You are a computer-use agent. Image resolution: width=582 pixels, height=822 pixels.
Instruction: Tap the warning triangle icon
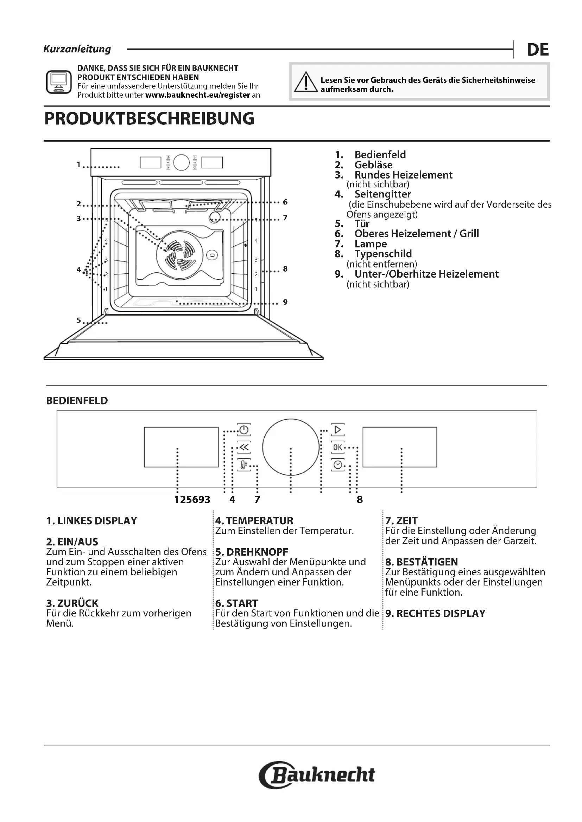click(x=306, y=82)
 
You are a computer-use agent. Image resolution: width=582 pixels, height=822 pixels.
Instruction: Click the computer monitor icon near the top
click(x=59, y=82)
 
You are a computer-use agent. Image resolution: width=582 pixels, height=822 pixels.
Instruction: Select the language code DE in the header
click(x=538, y=50)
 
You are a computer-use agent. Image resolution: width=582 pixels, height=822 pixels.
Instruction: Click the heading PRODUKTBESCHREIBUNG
click(x=150, y=119)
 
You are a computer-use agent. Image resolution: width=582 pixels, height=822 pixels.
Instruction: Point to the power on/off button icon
click(x=244, y=429)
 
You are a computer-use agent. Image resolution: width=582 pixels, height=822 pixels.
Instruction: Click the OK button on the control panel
click(x=337, y=447)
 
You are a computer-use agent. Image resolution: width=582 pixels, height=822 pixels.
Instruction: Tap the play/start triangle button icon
click(x=337, y=429)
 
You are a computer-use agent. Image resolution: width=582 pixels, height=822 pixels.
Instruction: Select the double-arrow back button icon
click(x=244, y=447)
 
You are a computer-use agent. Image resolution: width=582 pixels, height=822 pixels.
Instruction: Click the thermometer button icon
click(x=244, y=465)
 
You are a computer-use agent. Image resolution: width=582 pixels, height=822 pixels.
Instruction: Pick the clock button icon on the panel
click(x=337, y=465)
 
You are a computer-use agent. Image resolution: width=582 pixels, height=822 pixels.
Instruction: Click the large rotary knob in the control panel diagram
click(x=291, y=447)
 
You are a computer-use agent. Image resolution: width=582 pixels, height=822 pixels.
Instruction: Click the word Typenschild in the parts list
click(x=383, y=254)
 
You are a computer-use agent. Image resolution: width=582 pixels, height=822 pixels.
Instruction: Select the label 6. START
click(x=236, y=603)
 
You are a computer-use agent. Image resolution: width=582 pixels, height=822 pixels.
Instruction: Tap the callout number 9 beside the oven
click(x=285, y=302)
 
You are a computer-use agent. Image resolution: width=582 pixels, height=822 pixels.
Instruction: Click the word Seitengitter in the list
click(x=383, y=194)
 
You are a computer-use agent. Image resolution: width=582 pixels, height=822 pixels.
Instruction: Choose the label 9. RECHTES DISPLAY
click(x=435, y=614)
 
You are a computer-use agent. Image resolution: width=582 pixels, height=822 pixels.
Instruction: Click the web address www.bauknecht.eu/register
click(x=197, y=95)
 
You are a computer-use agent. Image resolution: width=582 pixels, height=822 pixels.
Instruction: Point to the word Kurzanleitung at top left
click(x=77, y=49)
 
